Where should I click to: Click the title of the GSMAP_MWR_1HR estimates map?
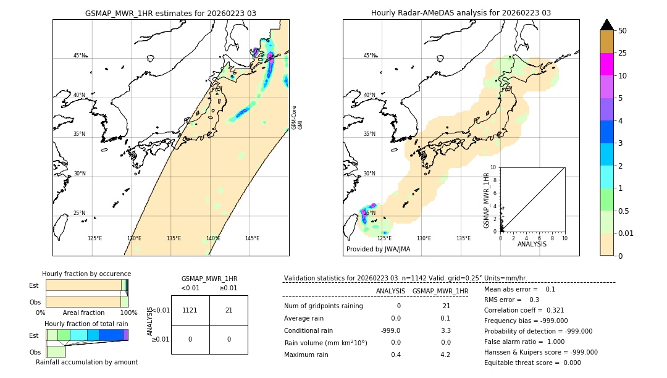tap(170, 13)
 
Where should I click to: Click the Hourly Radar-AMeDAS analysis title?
tap(461, 13)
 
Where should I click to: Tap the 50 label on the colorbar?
tap(623, 31)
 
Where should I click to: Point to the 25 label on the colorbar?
tap(623, 53)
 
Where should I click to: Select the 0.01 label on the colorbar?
tap(626, 233)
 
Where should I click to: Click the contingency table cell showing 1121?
tap(190, 310)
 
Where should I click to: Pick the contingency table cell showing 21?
tap(229, 310)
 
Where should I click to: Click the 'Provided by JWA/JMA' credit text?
tap(378, 249)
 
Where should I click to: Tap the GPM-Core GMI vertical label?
tap(296, 117)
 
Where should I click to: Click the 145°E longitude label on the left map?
tap(252, 238)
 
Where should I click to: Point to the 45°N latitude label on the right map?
tap(369, 56)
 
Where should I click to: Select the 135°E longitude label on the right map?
tap(463, 238)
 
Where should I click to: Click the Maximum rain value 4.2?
tap(445, 355)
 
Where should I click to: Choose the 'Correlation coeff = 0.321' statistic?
tap(524, 310)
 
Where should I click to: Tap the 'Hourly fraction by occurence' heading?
tap(86, 274)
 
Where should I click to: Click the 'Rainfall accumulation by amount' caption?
tap(86, 362)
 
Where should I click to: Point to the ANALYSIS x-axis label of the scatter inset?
tap(532, 244)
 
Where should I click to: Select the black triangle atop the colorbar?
tap(607, 25)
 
